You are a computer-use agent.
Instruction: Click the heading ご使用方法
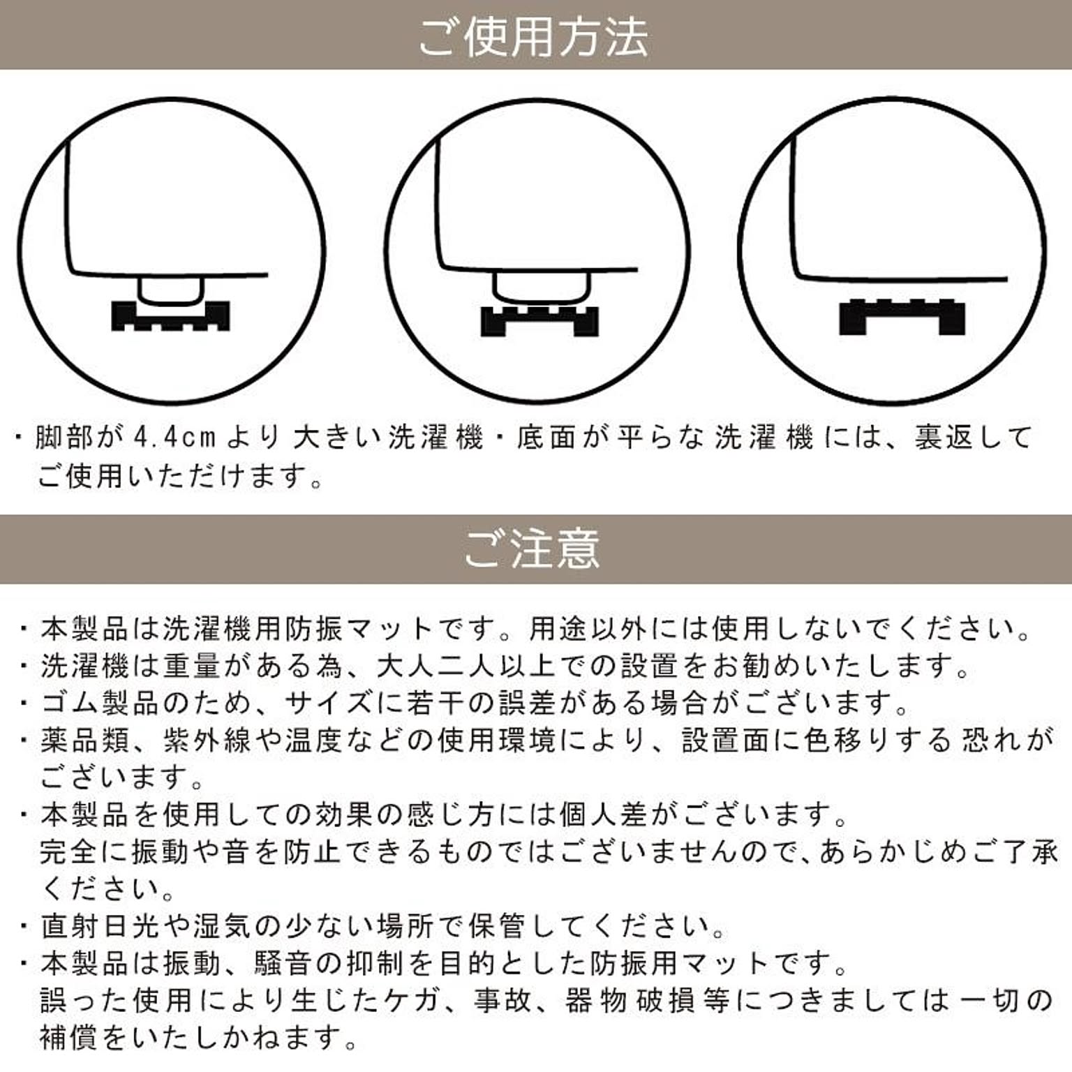534,37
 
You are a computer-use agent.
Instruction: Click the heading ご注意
533,549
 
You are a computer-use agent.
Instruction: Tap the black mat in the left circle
170,315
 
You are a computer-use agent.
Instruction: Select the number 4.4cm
174,438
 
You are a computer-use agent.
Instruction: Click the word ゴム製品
86,703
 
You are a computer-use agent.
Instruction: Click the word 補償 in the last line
70,1038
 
